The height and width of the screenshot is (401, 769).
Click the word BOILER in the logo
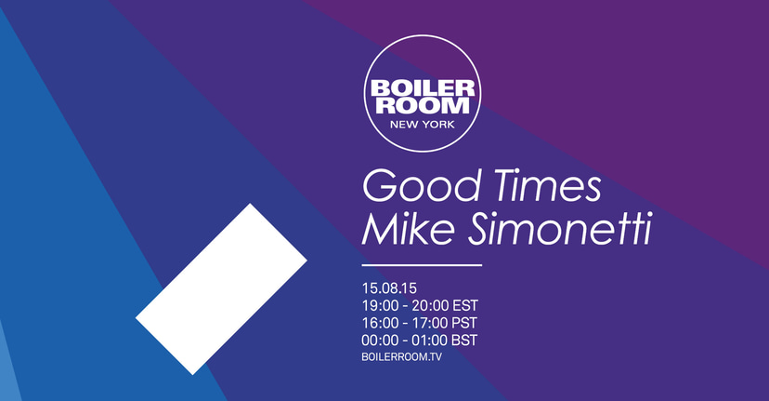[424, 89]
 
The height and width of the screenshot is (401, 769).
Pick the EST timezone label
[463, 305]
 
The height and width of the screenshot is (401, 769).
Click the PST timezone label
[463, 323]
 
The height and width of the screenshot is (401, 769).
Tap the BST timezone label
[463, 341]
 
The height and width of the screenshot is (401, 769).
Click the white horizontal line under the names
[422, 265]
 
